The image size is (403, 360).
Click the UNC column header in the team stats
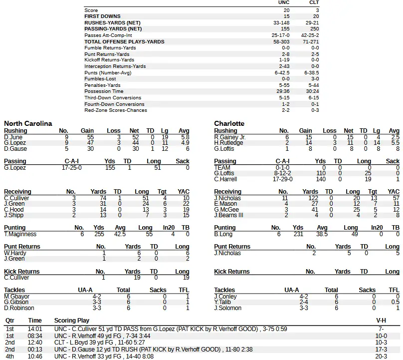pyautogui.click(x=283, y=3)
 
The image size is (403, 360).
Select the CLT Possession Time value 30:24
pyautogui.click(x=313, y=91)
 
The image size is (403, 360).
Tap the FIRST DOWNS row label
pyautogui.click(x=102, y=16)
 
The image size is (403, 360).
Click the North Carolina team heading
pyautogui.click(x=28, y=123)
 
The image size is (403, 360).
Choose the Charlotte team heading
pyautogui.click(x=229, y=123)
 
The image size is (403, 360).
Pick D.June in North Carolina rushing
pyautogui.click(x=13, y=137)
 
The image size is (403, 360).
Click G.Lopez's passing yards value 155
pyautogui.click(x=110, y=168)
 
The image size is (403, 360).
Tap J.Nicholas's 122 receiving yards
pyautogui.click(x=310, y=198)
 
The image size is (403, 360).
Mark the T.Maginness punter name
pyautogui.click(x=20, y=234)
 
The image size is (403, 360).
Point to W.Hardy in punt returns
pyautogui.click(x=14, y=253)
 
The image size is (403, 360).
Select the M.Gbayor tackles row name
pyautogui.click(x=16, y=296)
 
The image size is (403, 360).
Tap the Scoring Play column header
pyautogui.click(x=72, y=321)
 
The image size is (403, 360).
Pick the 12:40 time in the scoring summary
pyautogui.click(x=35, y=343)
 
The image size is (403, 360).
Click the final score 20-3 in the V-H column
pyautogui.click(x=381, y=357)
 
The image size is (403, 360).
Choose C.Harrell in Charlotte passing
pyautogui.click(x=225, y=179)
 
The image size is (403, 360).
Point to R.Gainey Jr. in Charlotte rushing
pyautogui.click(x=230, y=137)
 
